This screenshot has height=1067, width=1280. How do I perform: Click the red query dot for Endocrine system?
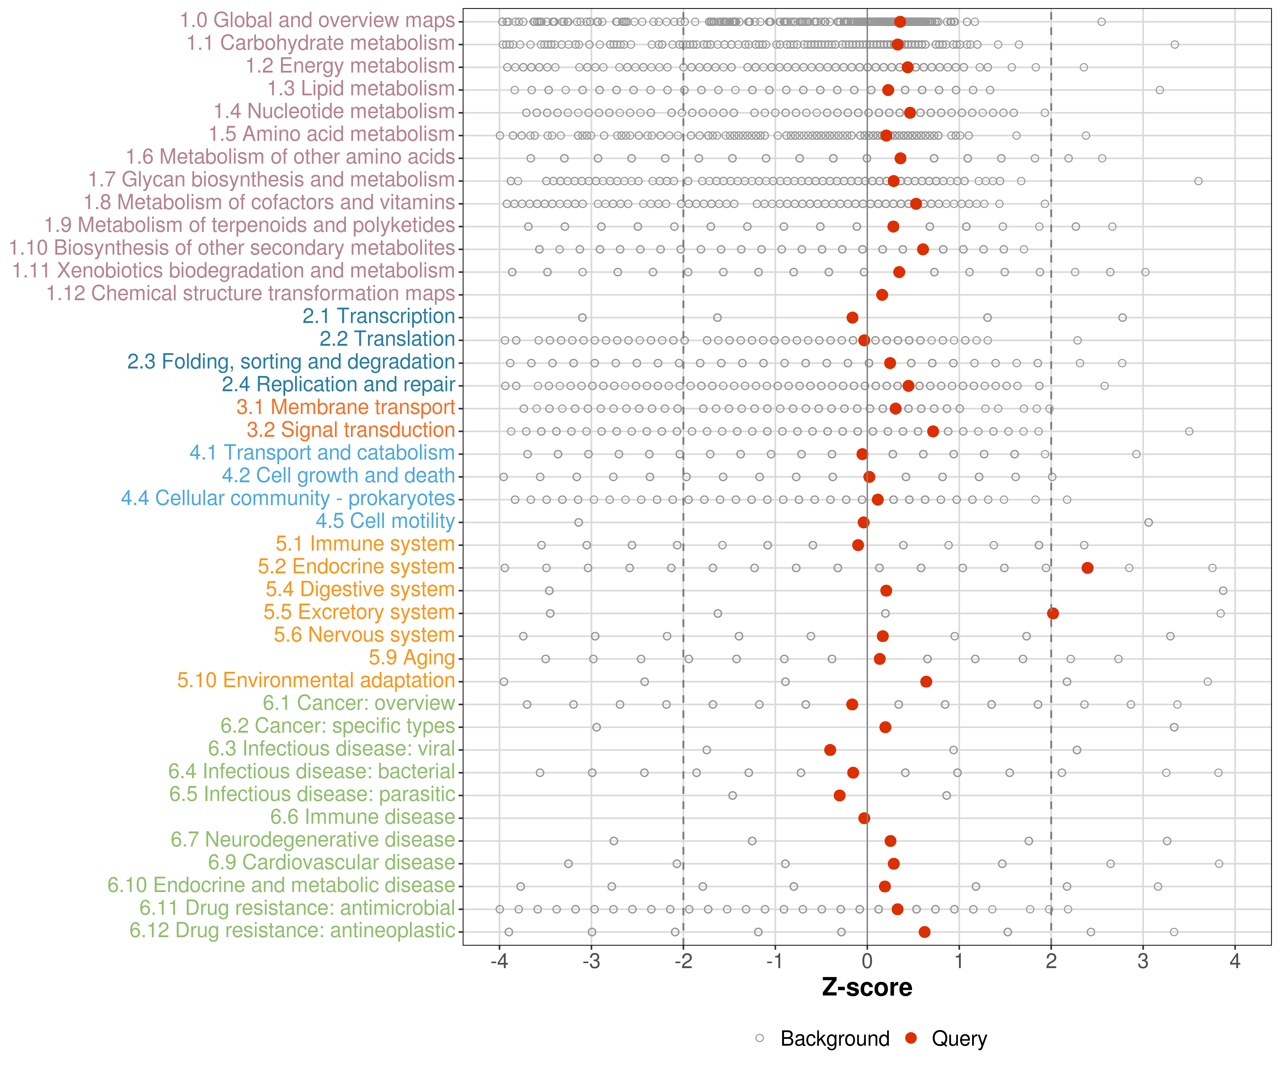[x=1087, y=568]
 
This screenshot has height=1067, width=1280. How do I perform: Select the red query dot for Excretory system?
[x=1053, y=614]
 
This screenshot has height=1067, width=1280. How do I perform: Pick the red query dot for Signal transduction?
[x=933, y=431]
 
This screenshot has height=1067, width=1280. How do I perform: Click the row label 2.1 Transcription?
[x=379, y=317]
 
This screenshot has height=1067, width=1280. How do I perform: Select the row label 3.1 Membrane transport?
[x=346, y=407]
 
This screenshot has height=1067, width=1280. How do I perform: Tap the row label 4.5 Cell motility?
[x=385, y=521]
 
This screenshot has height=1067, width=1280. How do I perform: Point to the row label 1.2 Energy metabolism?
[x=350, y=66]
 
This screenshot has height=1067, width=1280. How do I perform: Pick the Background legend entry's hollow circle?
[x=759, y=1038]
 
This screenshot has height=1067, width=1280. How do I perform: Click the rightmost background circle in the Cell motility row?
[x=1148, y=522]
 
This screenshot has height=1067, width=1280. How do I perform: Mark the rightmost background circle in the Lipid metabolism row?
[x=1159, y=90]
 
